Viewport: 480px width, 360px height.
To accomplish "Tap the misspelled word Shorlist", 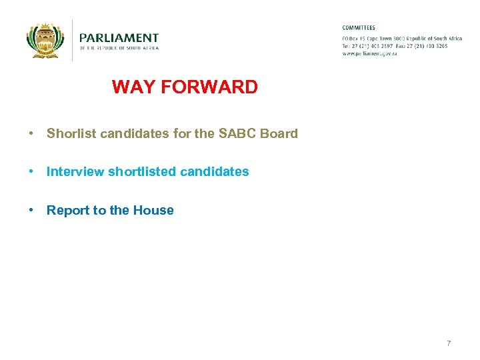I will pos(70,133).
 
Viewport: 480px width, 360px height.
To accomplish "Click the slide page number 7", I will pos(449,343).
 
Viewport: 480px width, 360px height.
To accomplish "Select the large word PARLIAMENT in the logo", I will pos(119,38).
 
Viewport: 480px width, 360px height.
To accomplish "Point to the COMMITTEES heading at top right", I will pos(359,28).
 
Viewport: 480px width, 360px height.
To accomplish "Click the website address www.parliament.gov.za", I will pos(369,53).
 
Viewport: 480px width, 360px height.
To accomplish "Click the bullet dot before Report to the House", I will pos(31,211).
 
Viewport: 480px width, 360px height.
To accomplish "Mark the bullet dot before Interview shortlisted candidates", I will pos(31,172).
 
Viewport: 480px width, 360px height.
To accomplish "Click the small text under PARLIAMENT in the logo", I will pos(119,48).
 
